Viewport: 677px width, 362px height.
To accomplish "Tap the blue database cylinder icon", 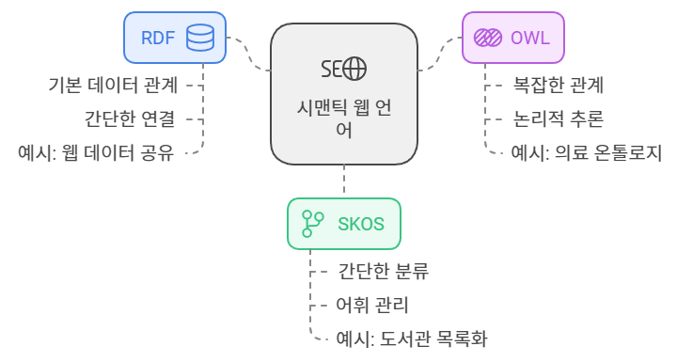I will point(199,39).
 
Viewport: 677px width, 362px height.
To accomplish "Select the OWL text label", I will point(531,39).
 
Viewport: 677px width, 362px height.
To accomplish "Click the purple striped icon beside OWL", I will point(487,39).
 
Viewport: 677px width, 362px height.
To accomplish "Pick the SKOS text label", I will point(361,224).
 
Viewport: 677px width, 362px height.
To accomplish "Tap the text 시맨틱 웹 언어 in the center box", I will point(343,119).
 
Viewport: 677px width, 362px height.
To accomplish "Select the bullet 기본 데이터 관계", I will point(113,85).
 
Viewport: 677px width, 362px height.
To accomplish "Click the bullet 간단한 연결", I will point(130,118).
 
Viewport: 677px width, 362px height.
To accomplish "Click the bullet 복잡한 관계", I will point(558,85).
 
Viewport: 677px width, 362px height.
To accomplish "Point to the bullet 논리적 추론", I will point(558,118).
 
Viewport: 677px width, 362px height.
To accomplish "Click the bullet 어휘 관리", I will point(372,305).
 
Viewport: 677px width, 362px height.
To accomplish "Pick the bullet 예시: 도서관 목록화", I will point(412,338).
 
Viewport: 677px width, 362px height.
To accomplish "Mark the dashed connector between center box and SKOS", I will point(344,181).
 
